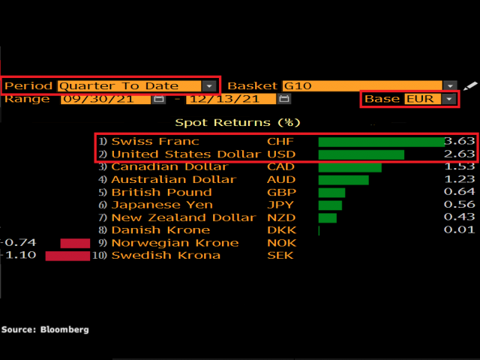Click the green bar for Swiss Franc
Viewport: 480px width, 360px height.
[x=381, y=142]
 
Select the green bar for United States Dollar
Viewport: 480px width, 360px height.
[x=361, y=154]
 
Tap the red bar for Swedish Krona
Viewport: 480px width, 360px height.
[x=67, y=256]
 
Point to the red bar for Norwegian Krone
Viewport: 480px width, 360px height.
[x=74, y=243]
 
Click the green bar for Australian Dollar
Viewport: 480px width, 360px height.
[x=343, y=180]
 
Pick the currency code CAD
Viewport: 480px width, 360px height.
[x=281, y=167]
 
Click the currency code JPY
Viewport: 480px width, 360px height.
[x=280, y=205]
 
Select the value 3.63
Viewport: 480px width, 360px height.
[x=460, y=142]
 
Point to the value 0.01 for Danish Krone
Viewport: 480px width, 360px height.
[x=460, y=230]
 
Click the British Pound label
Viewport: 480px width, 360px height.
[x=152, y=193]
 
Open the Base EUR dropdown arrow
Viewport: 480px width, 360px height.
[x=448, y=99]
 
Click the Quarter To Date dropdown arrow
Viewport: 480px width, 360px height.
[x=208, y=86]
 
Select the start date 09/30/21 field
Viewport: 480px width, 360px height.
[x=108, y=99]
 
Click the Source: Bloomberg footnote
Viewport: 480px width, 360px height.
[x=45, y=329]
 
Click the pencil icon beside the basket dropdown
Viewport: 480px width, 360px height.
[x=469, y=86]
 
